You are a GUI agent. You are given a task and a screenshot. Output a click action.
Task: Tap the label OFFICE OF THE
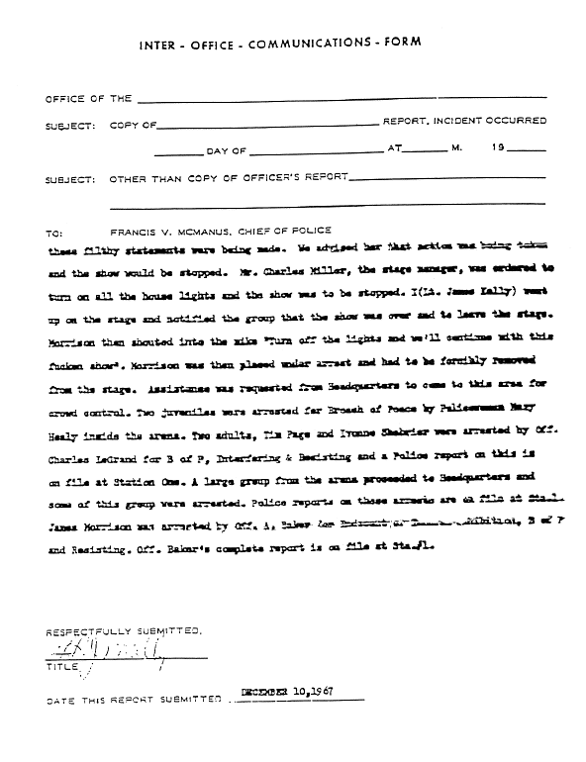pyautogui.click(x=88, y=99)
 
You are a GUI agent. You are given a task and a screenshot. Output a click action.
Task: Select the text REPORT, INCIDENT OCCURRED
pyautogui.click(x=464, y=122)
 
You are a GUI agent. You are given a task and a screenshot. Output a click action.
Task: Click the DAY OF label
pyautogui.click(x=225, y=151)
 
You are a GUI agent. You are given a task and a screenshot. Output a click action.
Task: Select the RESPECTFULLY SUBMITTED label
pyautogui.click(x=123, y=629)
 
